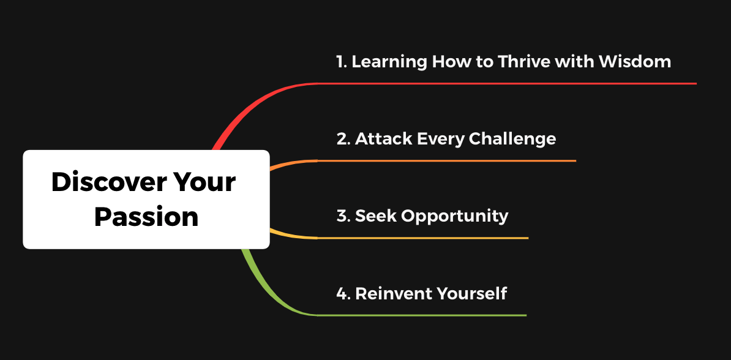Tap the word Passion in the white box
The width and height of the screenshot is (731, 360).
146,217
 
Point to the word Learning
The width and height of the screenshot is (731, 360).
389,62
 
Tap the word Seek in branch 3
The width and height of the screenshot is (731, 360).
376,216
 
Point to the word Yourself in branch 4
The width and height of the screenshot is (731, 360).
471,294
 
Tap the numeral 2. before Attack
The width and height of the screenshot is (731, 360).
343,139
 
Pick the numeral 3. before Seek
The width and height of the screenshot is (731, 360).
343,216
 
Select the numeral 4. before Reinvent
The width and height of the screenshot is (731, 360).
343,294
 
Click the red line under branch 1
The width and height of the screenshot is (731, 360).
507,83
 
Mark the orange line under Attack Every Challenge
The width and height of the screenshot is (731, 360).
446,161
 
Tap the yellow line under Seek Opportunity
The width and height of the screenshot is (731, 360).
423,238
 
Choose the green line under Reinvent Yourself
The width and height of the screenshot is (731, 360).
422,316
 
